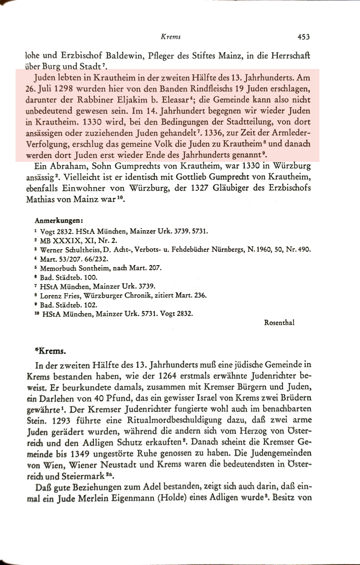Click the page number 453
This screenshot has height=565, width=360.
point(303,37)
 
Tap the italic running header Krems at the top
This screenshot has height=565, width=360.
point(171,37)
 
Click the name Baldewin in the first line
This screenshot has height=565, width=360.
point(123,56)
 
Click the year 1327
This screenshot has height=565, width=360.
point(200,188)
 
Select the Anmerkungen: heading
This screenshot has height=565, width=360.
point(59,221)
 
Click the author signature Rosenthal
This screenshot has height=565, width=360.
point(279,322)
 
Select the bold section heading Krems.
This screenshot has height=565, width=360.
point(51,351)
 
